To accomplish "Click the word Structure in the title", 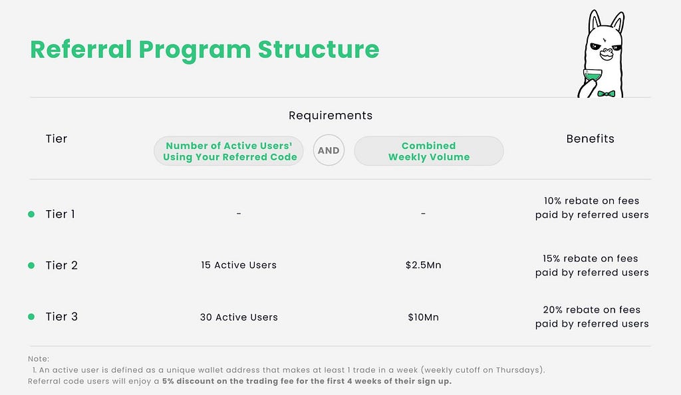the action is [319, 49].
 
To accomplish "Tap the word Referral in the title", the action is [80, 49].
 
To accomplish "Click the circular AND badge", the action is [329, 150].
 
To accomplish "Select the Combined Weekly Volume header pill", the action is [429, 151].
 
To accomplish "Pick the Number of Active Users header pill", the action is [229, 151].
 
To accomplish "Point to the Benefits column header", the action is [591, 139].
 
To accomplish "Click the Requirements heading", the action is [331, 116].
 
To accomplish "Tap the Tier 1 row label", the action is [61, 214].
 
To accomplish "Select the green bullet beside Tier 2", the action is [31, 265].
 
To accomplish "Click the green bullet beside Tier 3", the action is [31, 317].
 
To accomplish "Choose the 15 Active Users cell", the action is [239, 265].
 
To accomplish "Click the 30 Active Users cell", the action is [239, 317].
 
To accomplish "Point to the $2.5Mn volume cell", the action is [423, 265].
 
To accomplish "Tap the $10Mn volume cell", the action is [423, 317].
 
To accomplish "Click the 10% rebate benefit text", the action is [592, 208].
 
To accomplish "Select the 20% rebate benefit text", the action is [592, 317].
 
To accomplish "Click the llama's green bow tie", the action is [607, 93].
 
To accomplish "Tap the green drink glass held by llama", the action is [593, 76].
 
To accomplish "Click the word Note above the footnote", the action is [39, 359].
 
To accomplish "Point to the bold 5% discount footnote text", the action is [307, 382].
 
